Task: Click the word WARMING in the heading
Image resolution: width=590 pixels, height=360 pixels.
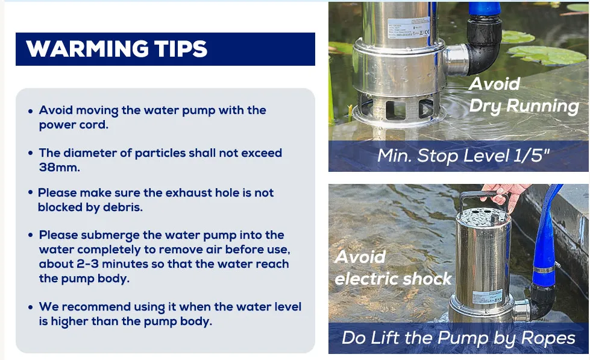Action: [87, 49]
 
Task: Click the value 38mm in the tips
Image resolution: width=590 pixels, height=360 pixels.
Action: [60, 167]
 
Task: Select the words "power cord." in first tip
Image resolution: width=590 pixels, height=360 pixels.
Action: [74, 125]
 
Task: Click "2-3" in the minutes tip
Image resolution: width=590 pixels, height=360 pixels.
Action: [87, 264]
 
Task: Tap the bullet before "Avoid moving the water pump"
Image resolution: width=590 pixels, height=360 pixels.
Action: [31, 111]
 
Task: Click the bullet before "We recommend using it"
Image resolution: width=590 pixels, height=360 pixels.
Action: [31, 308]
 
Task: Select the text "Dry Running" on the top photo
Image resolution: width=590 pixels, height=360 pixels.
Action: [524, 106]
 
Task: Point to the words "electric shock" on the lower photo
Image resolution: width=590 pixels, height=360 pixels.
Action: [393, 279]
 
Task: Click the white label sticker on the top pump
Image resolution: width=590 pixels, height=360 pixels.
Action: [408, 28]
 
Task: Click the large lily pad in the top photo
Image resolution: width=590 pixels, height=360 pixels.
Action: [547, 55]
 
